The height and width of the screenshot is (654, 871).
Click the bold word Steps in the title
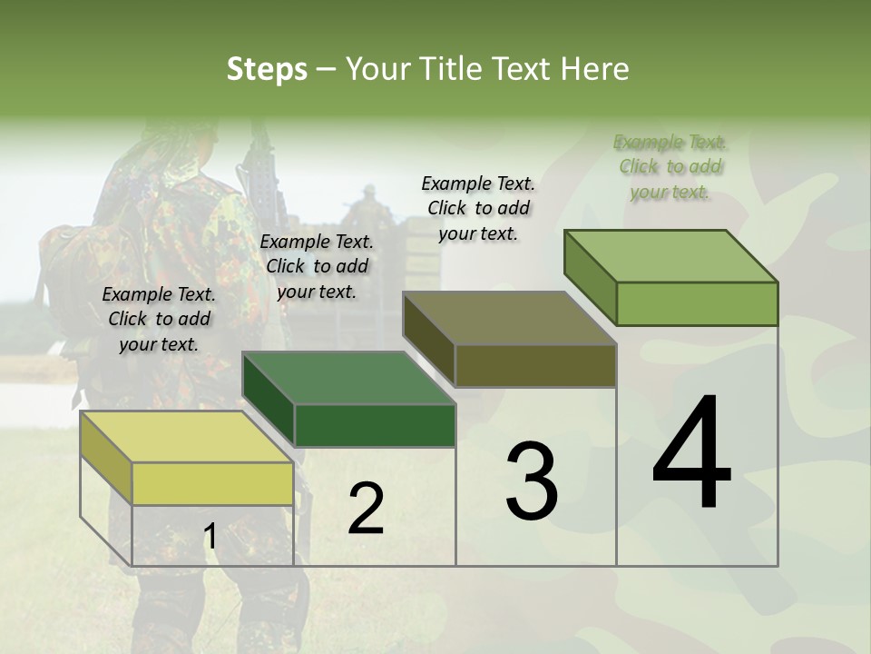click(x=266, y=69)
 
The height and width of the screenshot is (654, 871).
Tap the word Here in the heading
click(x=594, y=69)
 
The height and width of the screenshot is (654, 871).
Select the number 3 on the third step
click(x=531, y=481)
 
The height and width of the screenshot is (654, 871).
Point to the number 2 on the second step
click(x=366, y=508)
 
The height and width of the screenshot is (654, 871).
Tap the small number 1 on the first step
click(x=210, y=537)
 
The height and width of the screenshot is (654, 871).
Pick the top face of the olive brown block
click(x=509, y=318)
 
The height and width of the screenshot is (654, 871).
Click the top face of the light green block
click(x=670, y=256)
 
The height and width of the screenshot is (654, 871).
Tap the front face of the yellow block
click(x=212, y=483)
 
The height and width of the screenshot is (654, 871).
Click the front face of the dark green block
click(x=374, y=425)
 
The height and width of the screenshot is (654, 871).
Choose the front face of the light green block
click(x=697, y=303)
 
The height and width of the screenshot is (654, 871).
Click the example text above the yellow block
click(x=159, y=319)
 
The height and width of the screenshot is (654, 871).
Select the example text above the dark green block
click(x=317, y=266)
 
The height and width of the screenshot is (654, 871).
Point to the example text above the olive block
click(x=478, y=208)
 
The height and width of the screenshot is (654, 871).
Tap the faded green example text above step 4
click(x=670, y=166)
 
